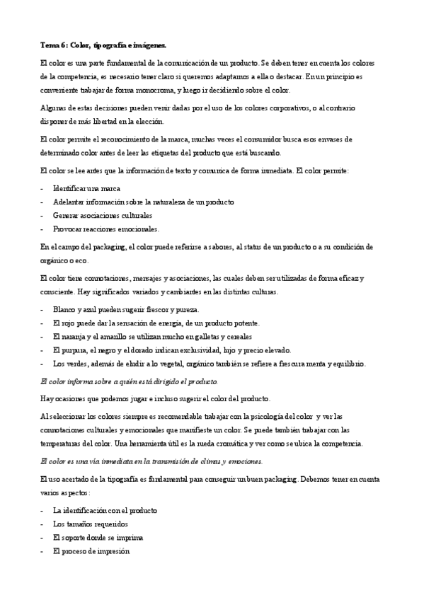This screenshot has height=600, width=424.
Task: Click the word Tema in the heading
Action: (49, 45)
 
